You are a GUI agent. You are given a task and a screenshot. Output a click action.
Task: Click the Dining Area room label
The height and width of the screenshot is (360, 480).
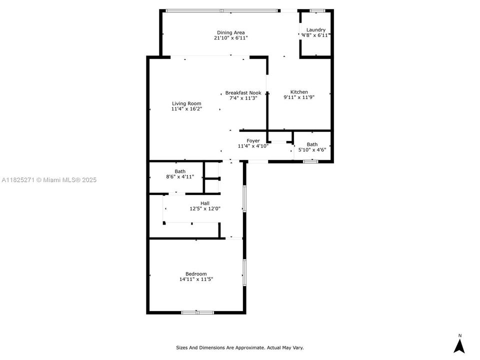coord(230,32)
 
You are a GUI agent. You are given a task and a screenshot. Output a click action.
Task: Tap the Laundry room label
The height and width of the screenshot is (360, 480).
coord(316,30)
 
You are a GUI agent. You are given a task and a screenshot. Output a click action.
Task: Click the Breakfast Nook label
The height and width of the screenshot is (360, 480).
coord(243,92)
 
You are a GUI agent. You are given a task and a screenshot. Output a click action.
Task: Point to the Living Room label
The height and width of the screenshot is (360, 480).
coord(186,103)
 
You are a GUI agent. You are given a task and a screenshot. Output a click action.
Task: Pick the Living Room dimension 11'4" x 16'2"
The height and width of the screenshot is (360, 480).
coord(186,109)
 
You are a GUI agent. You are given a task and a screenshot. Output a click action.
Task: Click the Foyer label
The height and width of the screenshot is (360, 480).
coord(253,140)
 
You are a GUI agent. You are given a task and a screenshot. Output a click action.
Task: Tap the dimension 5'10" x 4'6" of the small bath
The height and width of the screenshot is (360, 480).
coord(312,149)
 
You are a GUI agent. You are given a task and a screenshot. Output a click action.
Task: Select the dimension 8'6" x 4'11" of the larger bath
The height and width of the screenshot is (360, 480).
coord(179,176)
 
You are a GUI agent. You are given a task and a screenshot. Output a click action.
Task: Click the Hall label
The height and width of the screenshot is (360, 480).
coord(205,203)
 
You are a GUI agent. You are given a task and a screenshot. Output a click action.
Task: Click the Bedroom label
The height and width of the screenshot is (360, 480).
coord(196,273)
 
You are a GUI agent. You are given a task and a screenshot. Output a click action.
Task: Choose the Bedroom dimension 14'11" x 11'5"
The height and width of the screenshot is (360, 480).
coord(196,279)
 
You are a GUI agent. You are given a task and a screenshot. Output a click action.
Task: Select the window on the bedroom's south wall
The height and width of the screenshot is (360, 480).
coord(197,312)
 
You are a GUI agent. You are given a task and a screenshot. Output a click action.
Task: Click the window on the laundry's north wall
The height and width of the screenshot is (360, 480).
coord(317,10)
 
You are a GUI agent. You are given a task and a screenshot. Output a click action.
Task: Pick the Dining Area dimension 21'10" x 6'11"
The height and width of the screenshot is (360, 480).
coord(230,38)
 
